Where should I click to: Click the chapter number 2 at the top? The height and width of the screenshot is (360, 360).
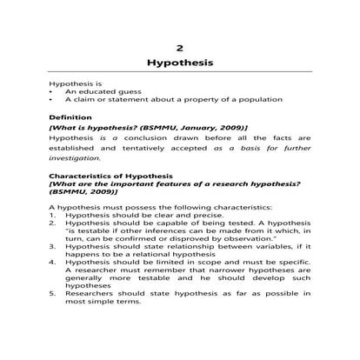pos(180,47)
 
